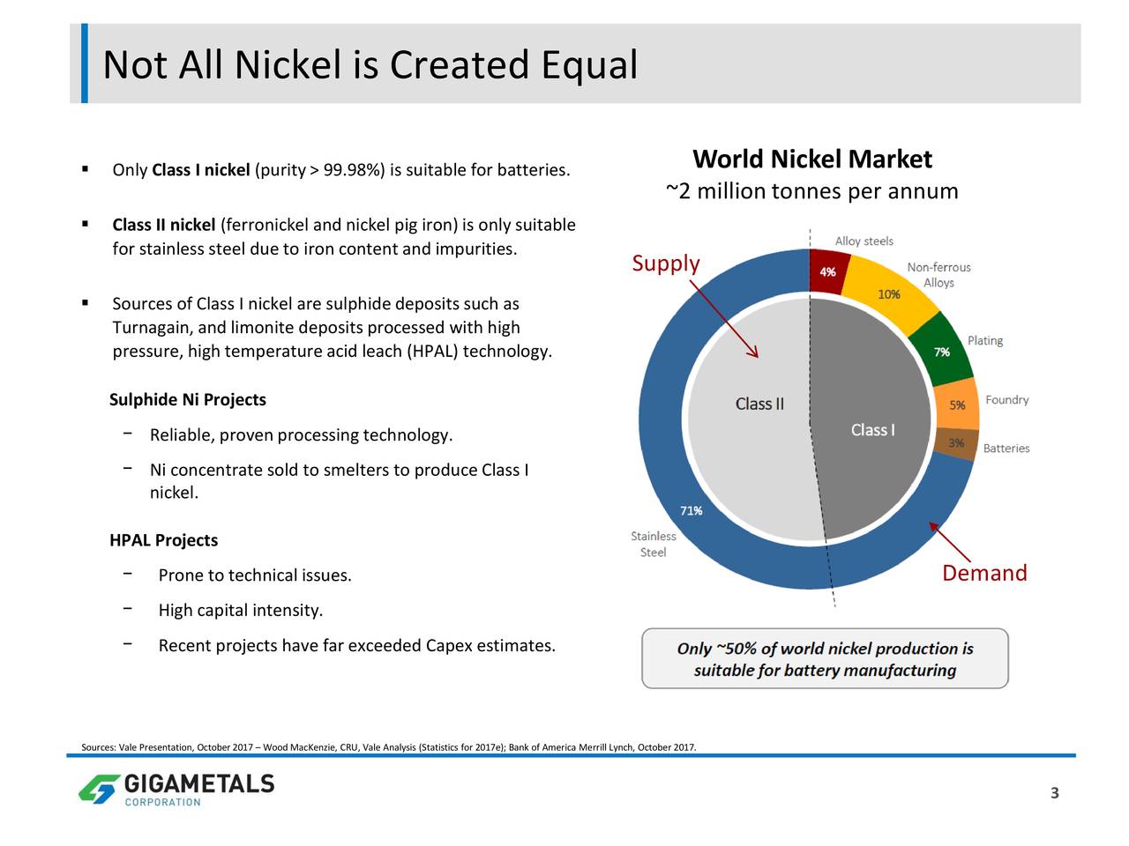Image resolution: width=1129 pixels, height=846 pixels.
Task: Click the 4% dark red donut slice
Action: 827,271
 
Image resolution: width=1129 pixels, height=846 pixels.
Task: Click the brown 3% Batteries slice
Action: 955,442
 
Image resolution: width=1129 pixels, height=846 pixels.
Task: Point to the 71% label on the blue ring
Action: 691,510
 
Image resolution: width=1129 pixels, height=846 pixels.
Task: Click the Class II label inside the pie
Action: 759,404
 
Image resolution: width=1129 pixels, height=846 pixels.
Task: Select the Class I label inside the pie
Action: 873,429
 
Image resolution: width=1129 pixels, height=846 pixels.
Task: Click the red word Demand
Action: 984,573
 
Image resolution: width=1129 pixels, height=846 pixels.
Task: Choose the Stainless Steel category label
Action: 654,544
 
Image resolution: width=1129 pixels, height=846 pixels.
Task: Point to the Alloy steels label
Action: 864,241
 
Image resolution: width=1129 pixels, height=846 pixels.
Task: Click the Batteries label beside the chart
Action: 1006,449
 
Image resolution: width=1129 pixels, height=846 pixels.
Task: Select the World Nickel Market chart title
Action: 812,159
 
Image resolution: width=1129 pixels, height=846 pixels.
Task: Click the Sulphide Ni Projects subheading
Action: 188,399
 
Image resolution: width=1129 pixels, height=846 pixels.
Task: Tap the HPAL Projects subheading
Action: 163,540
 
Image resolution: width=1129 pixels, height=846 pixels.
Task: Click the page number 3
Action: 1054,793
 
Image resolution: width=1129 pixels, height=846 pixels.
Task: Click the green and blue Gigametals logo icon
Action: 100,789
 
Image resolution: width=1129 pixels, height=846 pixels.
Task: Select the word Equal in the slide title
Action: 589,65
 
